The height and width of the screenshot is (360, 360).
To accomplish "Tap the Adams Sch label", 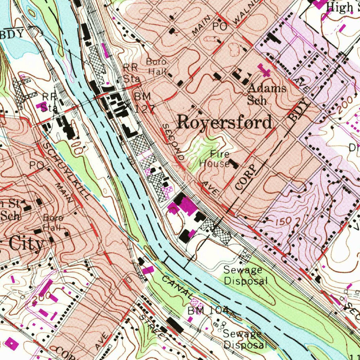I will tap(267, 94).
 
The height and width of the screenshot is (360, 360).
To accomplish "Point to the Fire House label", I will tap(215, 159).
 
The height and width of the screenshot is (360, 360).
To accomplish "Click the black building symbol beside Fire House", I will tap(233, 163).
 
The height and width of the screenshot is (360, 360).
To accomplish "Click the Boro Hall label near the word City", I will tap(53, 222).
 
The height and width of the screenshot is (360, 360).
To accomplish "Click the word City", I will tap(26, 244).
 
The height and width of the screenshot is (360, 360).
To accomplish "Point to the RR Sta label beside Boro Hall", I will tap(131, 73).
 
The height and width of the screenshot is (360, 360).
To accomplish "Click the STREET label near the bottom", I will tap(153, 327).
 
